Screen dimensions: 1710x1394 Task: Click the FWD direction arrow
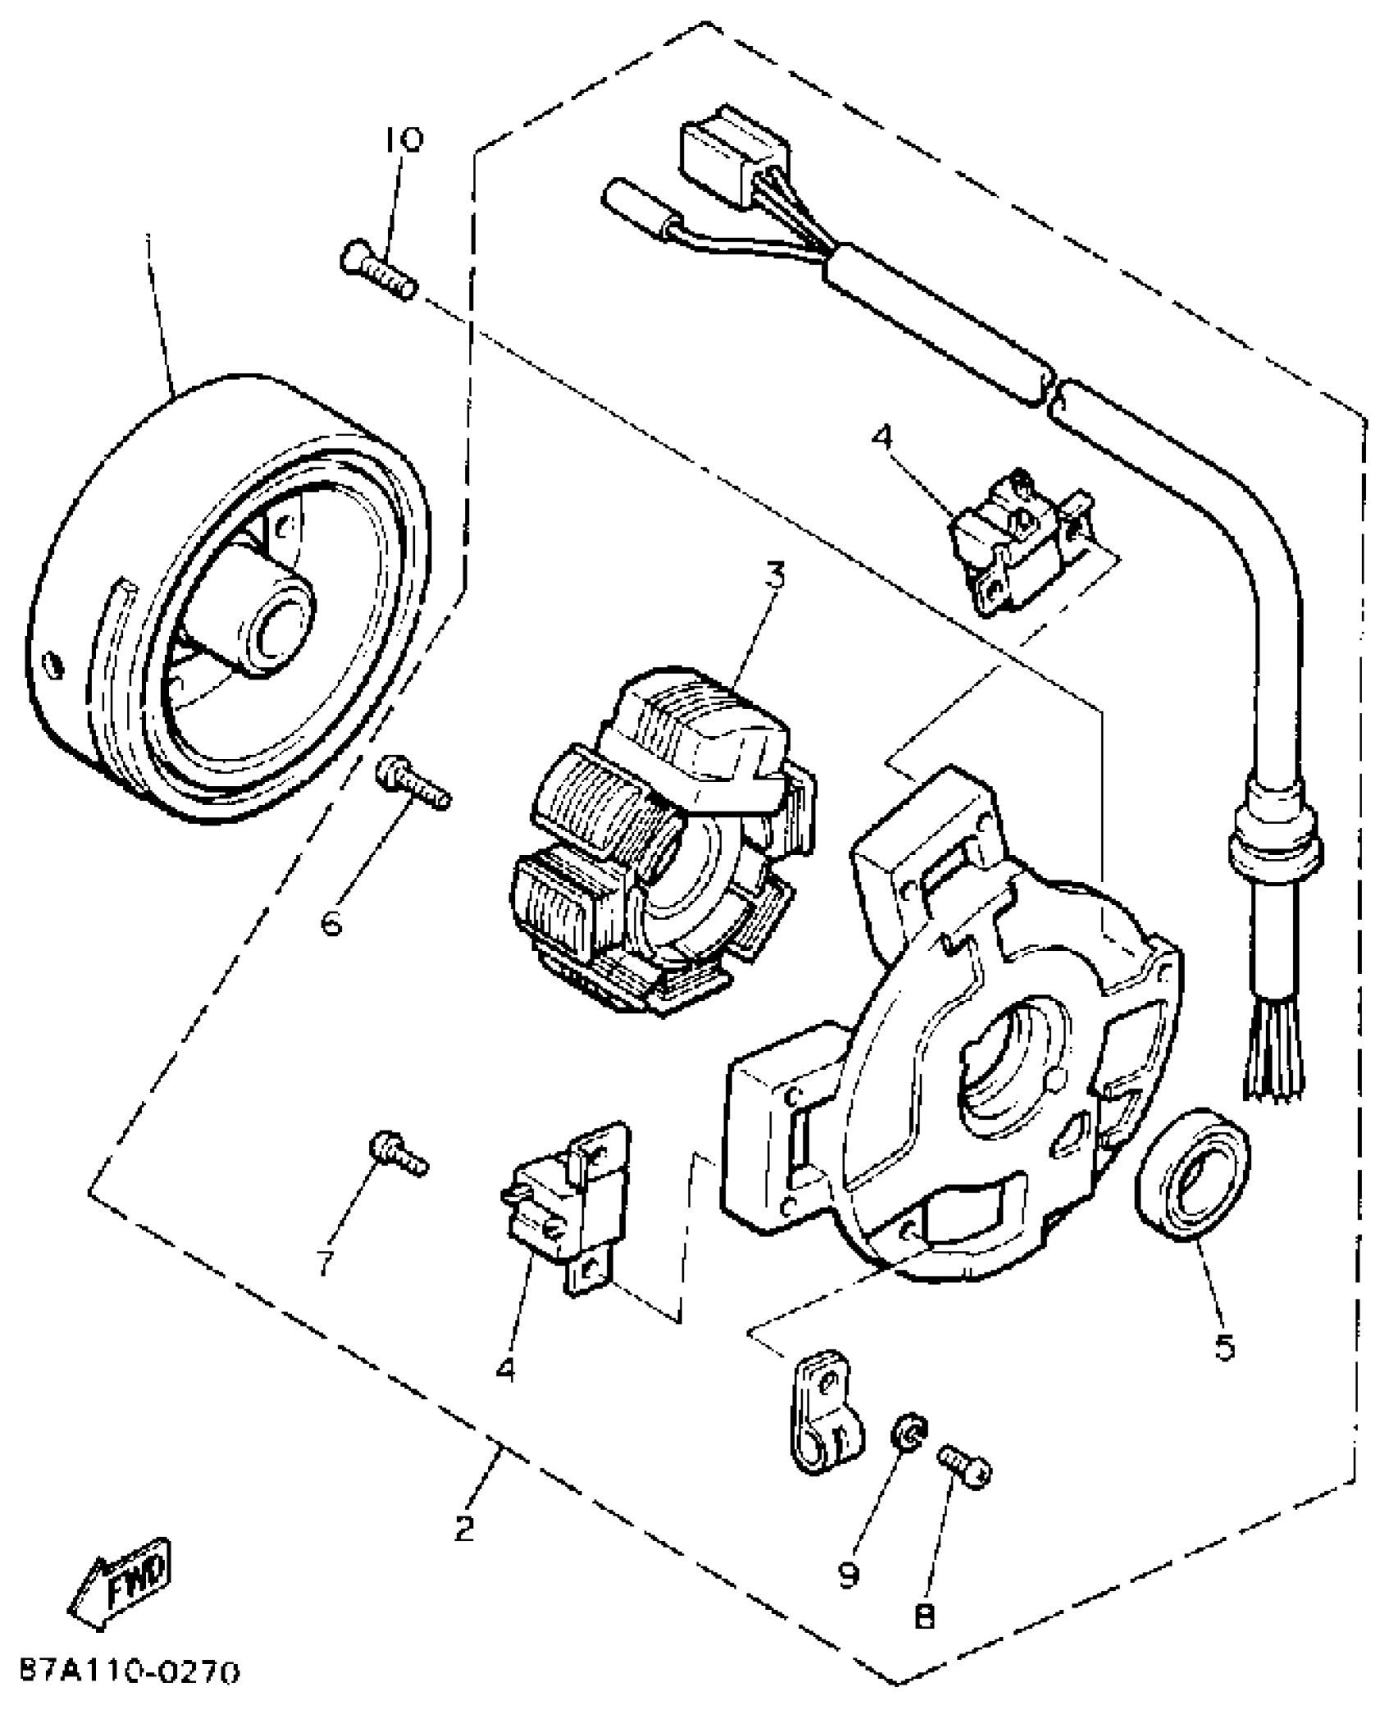click(121, 1572)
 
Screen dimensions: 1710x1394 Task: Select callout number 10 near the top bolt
click(402, 139)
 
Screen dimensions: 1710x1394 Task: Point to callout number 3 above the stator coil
click(774, 575)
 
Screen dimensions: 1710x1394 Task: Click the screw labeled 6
click(412, 784)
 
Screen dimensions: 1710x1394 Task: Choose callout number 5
click(1224, 1346)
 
